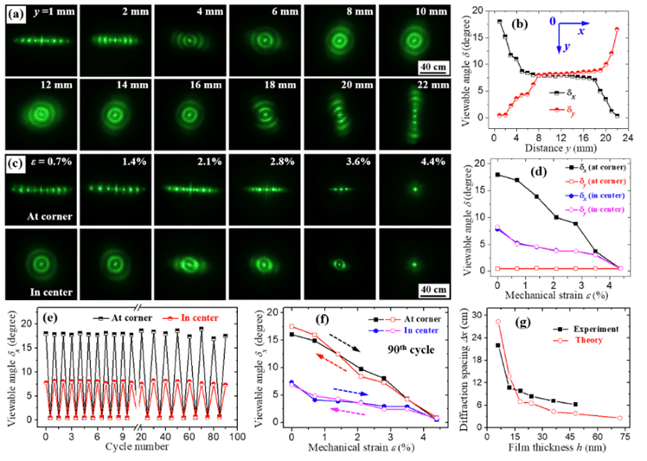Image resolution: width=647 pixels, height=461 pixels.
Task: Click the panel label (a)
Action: coord(17,16)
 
